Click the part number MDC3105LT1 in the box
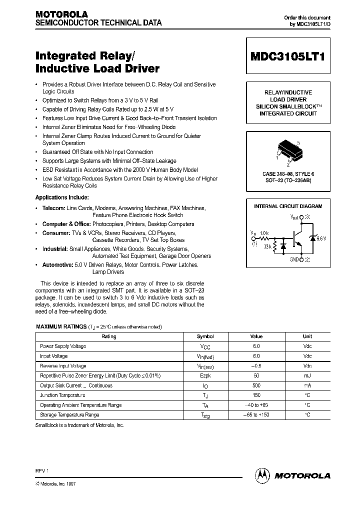(287, 56)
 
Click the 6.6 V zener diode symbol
(312, 238)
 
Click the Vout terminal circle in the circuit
(301, 217)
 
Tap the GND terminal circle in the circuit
(301, 259)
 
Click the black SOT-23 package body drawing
(288, 150)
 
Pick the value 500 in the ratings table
(256, 385)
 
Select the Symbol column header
(205, 336)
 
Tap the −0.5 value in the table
(256, 366)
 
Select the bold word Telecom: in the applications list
(53, 207)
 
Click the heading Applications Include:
(62, 197)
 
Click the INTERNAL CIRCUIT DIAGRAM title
(288, 206)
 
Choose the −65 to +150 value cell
(256, 414)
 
